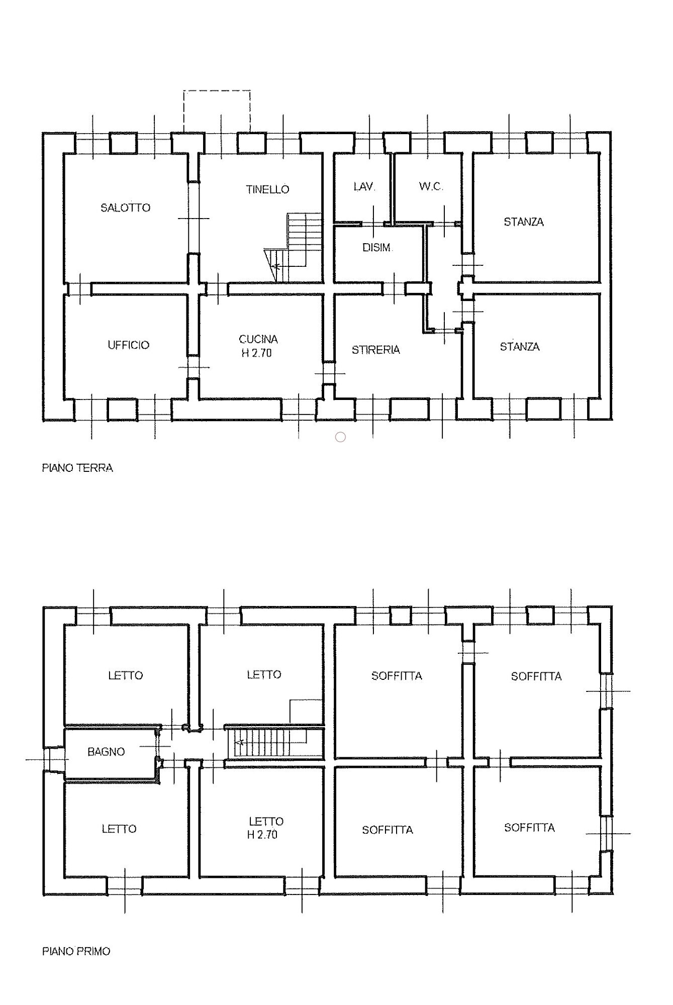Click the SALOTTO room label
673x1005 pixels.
(125, 208)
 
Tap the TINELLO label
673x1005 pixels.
(267, 189)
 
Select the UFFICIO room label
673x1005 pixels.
(128, 345)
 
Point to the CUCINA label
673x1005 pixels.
(258, 339)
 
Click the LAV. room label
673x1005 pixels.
(364, 186)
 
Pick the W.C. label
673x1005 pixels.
(431, 186)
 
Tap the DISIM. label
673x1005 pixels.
(377, 248)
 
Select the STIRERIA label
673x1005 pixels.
(375, 350)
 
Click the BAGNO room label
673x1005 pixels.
(106, 752)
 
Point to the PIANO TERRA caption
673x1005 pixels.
(77, 468)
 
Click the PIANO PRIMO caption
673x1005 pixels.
(76, 952)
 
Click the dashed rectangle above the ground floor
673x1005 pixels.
(217, 91)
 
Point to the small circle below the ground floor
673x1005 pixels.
(340, 437)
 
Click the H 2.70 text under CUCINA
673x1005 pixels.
(256, 353)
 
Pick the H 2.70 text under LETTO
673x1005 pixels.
(262, 835)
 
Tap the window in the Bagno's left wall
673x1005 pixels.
(53, 759)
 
